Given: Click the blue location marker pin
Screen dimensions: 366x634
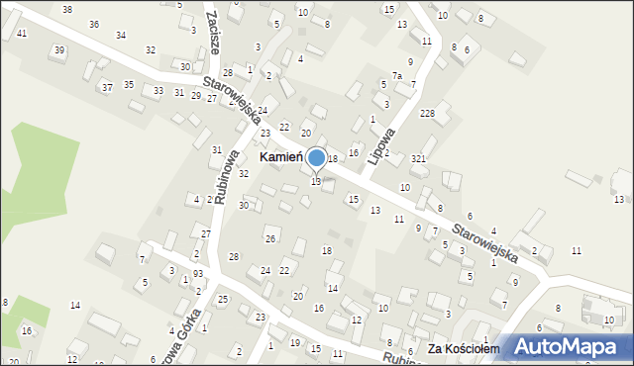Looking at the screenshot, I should point(317,157).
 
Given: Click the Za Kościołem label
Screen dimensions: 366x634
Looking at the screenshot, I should point(461,349).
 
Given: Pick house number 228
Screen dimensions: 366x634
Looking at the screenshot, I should point(427,114).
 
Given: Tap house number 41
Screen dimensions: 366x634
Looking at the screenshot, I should point(21,34).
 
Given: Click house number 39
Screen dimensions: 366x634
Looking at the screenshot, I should point(59,50).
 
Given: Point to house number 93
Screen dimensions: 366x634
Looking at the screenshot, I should point(198,273).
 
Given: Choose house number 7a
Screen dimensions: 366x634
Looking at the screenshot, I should point(396,76).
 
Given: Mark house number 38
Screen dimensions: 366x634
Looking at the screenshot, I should point(66,9).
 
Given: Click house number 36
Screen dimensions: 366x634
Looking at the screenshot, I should point(93,24).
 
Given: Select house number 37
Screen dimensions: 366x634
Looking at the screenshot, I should point(106,87).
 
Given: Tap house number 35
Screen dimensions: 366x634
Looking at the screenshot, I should point(128,84).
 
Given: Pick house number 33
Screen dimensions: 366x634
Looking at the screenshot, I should point(158,90).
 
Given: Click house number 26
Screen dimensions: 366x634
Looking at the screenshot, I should point(269,238).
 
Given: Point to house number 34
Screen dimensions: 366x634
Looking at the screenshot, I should point(120,35).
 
